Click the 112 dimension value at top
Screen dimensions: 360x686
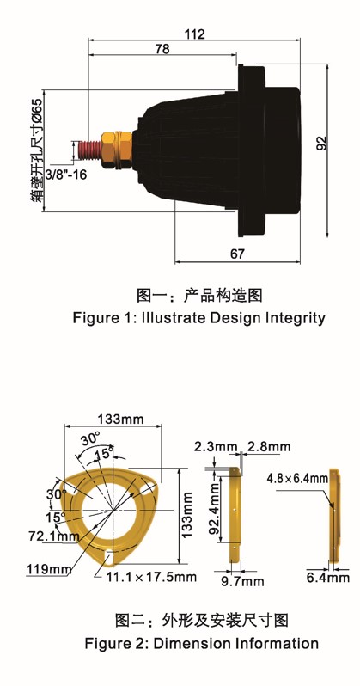195,34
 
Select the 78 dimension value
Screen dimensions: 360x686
162,48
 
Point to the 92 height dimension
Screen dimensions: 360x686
321,144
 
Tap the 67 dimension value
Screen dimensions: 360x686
237,254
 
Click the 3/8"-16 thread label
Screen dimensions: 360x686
66,175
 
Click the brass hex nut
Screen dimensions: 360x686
116,150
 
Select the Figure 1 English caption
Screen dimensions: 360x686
199,317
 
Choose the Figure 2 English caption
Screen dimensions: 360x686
202,644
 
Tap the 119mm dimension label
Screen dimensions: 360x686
49,569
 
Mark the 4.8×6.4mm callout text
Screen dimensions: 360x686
297,478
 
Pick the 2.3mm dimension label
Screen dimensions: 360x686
216,447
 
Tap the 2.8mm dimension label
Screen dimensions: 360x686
269,447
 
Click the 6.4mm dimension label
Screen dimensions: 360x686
328,578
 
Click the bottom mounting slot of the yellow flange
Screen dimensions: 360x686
107,555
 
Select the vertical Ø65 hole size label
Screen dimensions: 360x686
37,150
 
